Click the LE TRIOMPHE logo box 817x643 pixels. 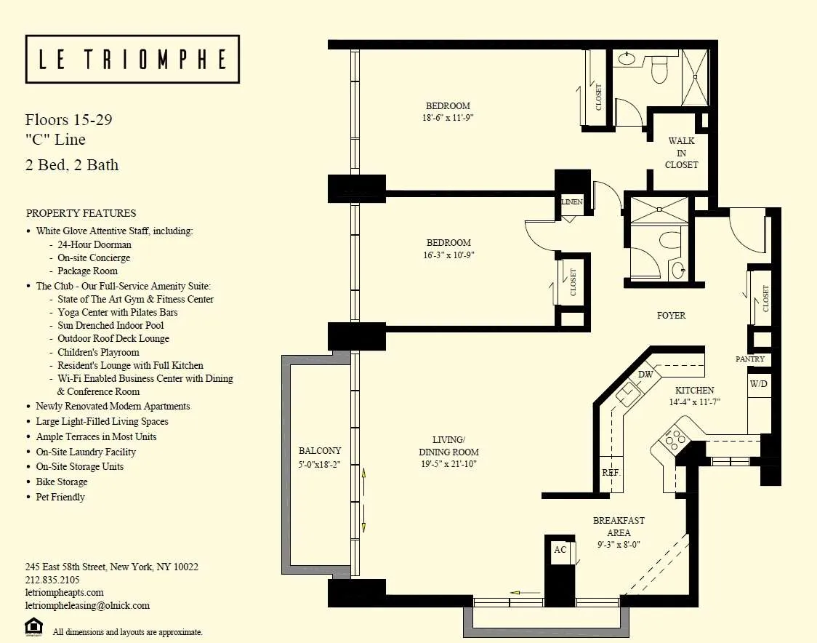[132, 59]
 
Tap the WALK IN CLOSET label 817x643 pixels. [681, 153]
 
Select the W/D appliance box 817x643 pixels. [757, 383]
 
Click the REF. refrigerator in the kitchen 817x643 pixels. [611, 473]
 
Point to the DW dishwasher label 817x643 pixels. [645, 374]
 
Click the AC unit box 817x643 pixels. [560, 550]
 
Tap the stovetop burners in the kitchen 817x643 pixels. [673, 439]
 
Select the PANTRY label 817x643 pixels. [749, 359]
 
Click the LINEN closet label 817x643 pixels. [572, 201]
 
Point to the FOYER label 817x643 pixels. [671, 316]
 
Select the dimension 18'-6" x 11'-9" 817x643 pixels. [448, 117]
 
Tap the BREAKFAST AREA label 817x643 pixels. [619, 527]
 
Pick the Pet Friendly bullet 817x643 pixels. [60, 497]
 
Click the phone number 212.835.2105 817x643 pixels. [52, 580]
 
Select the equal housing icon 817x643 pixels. [33, 626]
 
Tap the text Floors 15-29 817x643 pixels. [68, 120]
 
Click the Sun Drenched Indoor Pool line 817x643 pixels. [110, 325]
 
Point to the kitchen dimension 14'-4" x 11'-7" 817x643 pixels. [694, 402]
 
